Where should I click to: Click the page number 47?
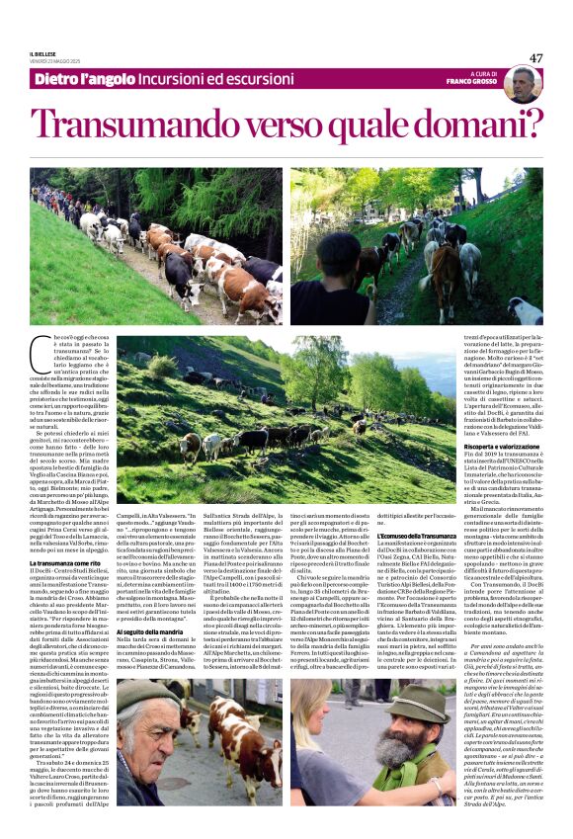[535, 57]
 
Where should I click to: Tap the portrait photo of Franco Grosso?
[521, 84]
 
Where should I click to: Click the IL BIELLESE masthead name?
[45, 54]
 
